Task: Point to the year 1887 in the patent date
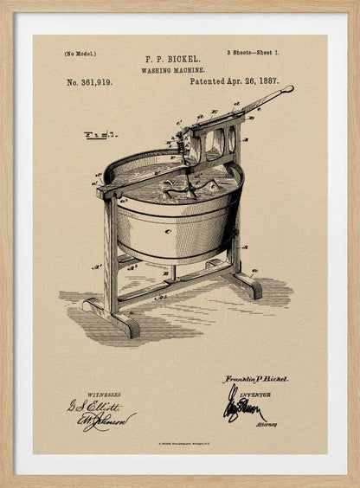268,80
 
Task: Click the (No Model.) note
79,55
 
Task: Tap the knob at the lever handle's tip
288,89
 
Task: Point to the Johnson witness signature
107,421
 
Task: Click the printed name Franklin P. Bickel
256,379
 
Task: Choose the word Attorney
266,426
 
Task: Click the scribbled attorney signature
242,407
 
